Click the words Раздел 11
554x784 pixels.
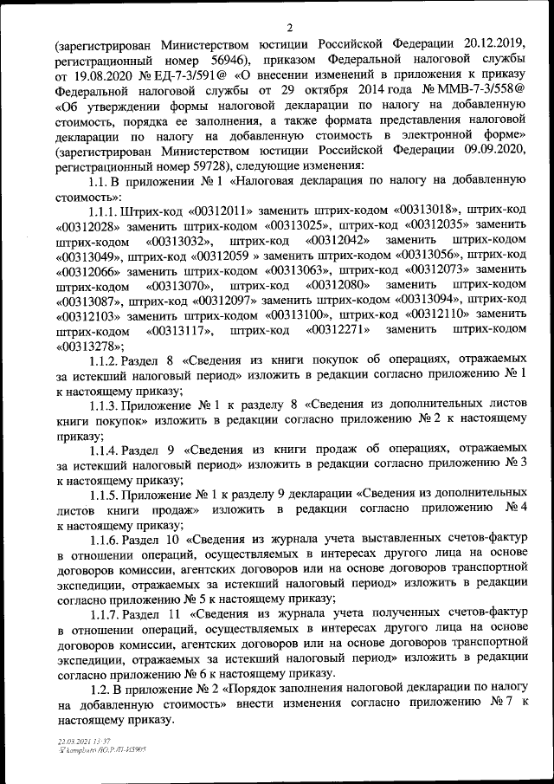pos(151,616)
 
